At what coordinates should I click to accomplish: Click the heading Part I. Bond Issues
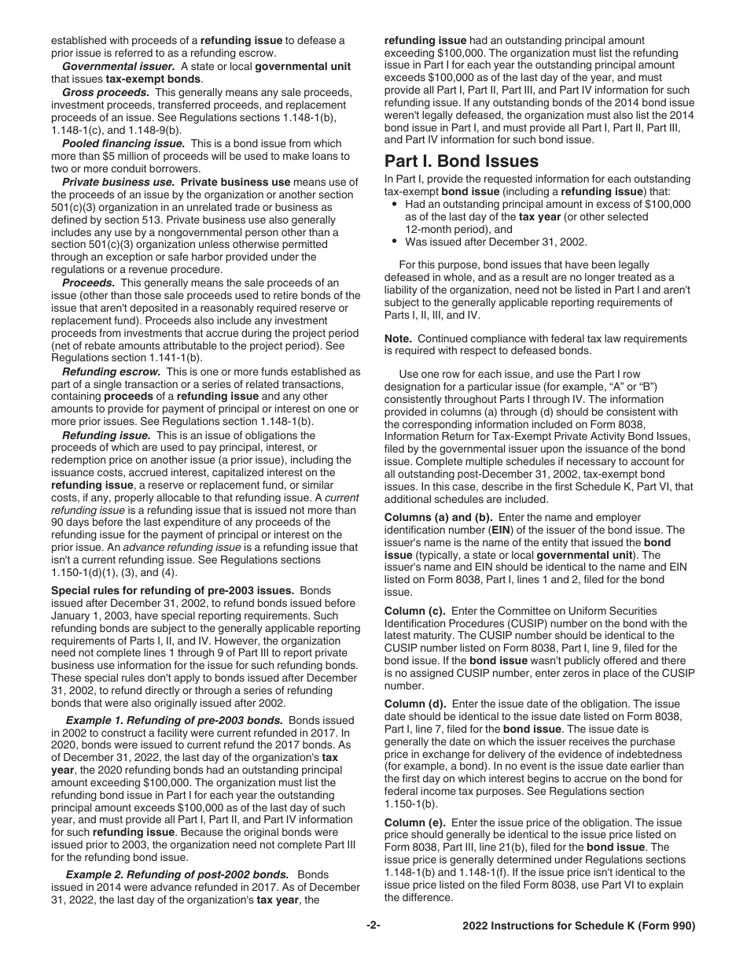[461, 161]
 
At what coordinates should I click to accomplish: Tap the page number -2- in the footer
[373, 926]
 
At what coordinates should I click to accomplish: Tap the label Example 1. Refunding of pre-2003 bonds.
[174, 720]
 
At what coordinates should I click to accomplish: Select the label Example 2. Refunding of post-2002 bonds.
[177, 874]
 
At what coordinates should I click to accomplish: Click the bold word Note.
[397, 338]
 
